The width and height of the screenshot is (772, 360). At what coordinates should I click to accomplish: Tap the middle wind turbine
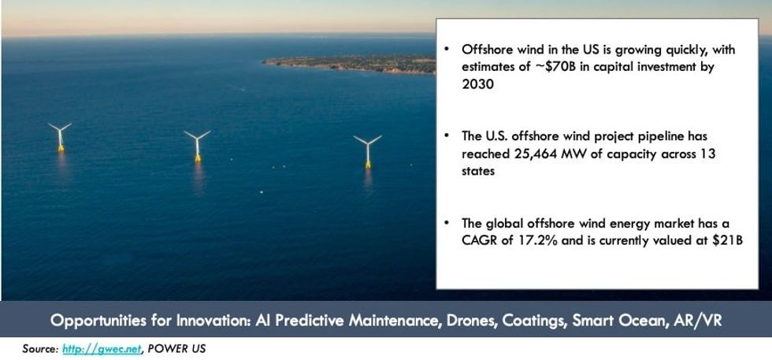(x=197, y=146)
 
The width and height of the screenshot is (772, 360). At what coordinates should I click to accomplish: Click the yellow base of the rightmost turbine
(x=367, y=163)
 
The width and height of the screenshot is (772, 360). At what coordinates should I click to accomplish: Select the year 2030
(x=477, y=84)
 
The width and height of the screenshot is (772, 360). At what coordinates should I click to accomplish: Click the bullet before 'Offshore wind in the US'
(x=447, y=50)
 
